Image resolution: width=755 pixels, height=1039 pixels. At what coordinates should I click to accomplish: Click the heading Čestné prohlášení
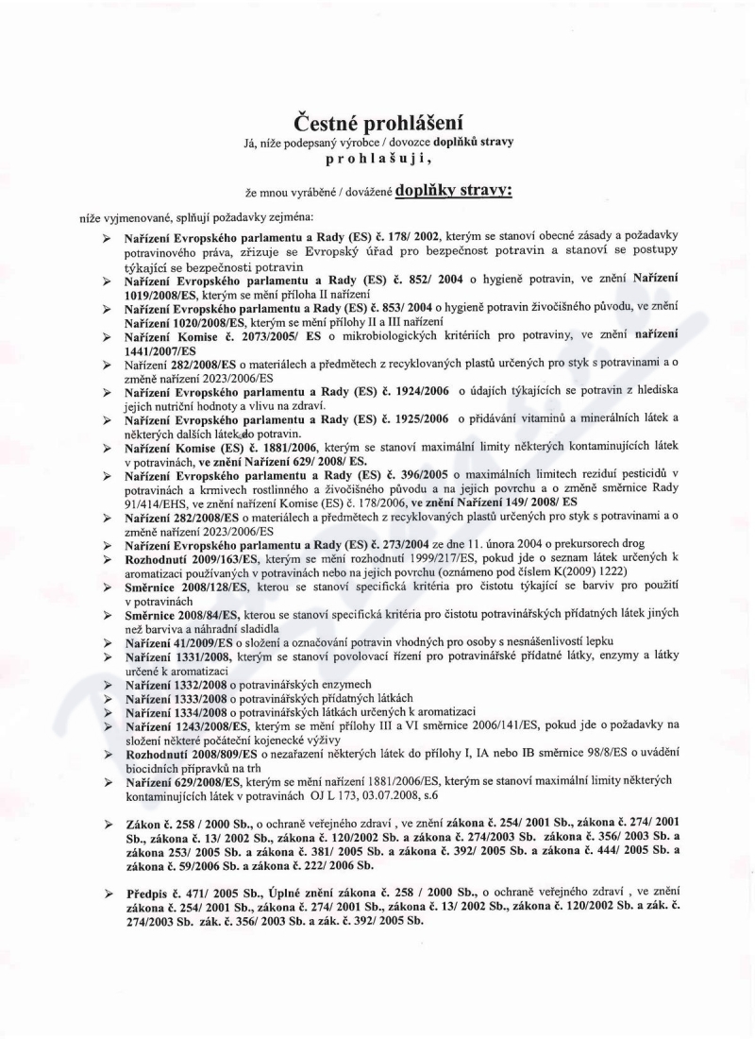click(377, 122)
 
